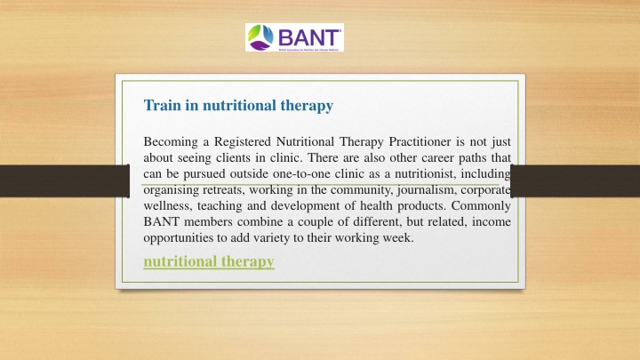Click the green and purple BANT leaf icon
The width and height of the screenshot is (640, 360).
point(260,37)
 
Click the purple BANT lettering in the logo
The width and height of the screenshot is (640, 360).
point(309,37)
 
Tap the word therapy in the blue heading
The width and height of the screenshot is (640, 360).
point(307,106)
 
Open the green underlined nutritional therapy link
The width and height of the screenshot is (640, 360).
point(209,261)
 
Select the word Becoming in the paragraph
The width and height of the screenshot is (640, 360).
point(171,142)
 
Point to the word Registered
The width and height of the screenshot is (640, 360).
point(243,142)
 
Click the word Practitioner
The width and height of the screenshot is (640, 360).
point(420,141)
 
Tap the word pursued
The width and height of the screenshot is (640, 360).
point(204,174)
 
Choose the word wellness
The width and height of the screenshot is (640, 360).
point(167,205)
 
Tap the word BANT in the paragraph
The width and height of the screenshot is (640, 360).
point(161,221)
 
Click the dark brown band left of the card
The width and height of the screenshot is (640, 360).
point(65,180)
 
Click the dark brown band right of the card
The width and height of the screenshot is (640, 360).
point(575,180)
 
